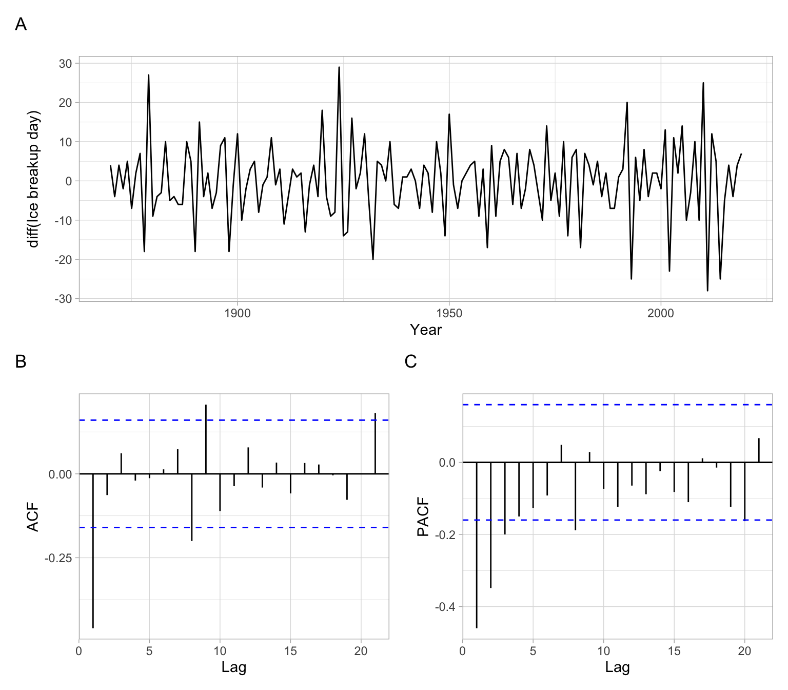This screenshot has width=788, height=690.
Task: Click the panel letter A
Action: (x=21, y=24)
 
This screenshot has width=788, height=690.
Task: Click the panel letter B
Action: (x=21, y=361)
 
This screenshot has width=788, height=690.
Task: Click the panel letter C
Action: (x=410, y=361)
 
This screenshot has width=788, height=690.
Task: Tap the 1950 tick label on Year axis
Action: (x=449, y=313)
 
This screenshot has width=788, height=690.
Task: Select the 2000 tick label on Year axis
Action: (x=661, y=313)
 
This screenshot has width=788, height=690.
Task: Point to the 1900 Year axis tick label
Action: (x=238, y=313)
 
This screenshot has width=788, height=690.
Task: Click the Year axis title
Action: (x=426, y=330)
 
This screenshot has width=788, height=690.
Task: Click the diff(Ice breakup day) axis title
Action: (x=34, y=179)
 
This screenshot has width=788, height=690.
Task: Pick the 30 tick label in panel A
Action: (x=66, y=64)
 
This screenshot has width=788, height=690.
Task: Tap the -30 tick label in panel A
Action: (x=64, y=299)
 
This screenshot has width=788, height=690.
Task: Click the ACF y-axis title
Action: (x=33, y=517)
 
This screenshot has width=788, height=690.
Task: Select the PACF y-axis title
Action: (x=423, y=517)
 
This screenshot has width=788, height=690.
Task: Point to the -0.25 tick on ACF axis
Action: (x=58, y=558)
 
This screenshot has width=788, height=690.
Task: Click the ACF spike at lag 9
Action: (x=206, y=439)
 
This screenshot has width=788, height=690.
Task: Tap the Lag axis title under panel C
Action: (x=617, y=667)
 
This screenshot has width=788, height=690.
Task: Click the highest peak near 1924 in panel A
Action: (x=339, y=68)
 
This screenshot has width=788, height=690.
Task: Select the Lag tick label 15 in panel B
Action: (x=290, y=651)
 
